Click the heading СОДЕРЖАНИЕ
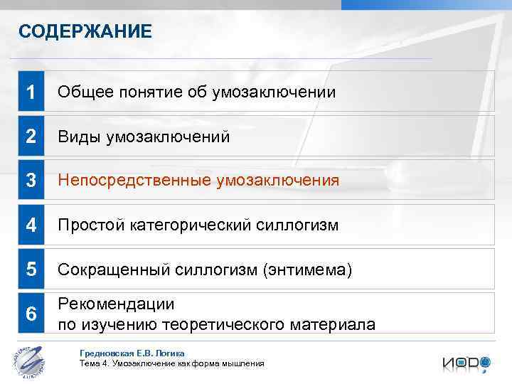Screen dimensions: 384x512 [85, 31]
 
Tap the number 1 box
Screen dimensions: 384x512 [31, 92]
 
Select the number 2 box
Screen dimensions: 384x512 [31, 137]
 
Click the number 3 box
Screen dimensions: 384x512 [31, 181]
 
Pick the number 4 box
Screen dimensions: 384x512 [31, 225]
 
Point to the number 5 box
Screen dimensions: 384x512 [31, 270]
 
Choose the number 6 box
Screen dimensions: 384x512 [31, 314]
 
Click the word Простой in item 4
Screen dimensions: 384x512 [90, 225]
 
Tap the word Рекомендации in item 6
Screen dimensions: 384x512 [116, 304]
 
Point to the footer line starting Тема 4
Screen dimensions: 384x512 [171, 363]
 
